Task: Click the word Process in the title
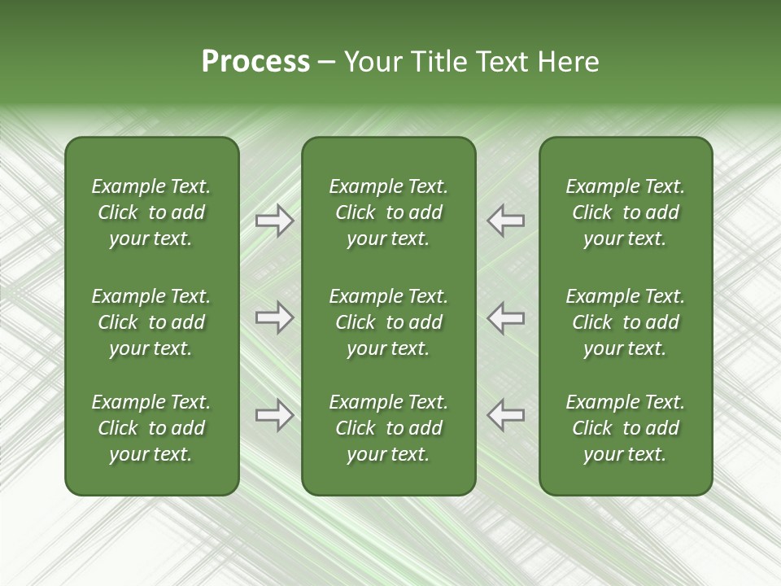tap(255, 62)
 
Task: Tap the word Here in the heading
tap(566, 62)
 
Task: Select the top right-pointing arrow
tap(274, 221)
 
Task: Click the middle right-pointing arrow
tap(274, 317)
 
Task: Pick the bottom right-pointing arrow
tap(274, 415)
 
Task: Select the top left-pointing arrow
tap(505, 221)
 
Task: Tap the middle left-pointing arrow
tap(505, 317)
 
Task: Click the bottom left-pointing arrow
tap(505, 415)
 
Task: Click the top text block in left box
tap(151, 212)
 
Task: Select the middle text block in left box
tap(151, 322)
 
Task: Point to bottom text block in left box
tap(151, 428)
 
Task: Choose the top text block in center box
tap(388, 212)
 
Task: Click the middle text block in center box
tap(388, 322)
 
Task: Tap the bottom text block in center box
tap(388, 428)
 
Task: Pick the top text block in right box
tap(625, 212)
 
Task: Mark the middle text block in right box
tap(625, 322)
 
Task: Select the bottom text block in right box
tap(625, 428)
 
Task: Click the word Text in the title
tap(498, 62)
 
